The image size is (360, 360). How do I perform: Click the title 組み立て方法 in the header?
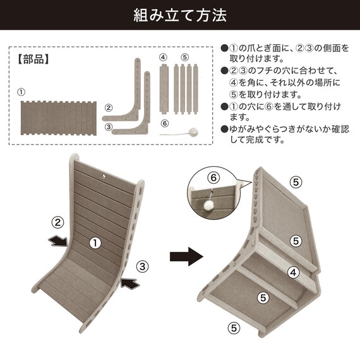[x=180, y=15]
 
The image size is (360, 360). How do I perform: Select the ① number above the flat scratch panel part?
[x=21, y=92]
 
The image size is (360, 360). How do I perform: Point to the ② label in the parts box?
[x=108, y=108]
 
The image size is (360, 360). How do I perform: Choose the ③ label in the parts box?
[x=108, y=127]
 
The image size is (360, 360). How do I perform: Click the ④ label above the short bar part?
[x=163, y=57]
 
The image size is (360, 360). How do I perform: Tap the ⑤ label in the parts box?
[x=184, y=57]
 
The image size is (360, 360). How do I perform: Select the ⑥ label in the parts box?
[x=164, y=124]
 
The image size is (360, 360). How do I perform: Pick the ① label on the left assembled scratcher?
[x=95, y=242]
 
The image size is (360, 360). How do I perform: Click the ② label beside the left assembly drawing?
[x=57, y=222]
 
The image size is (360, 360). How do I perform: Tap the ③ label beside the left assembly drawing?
[x=143, y=266]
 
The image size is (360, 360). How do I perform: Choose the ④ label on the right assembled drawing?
[x=293, y=273]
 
